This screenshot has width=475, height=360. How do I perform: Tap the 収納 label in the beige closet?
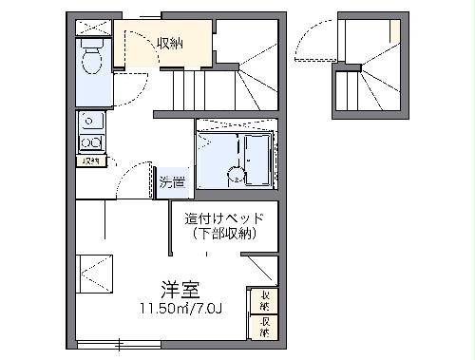coord(171,43)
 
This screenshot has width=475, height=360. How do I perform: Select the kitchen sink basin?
coord(92,122)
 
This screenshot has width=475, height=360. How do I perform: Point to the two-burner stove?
coord(92,142)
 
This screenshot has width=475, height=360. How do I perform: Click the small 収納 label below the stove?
coord(92,161)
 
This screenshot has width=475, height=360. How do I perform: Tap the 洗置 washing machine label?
coord(172,180)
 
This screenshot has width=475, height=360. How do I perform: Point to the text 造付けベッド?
coord(225,218)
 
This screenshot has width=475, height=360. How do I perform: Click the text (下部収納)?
coord(225,234)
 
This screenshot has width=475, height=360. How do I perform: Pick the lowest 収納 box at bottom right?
coord(264,326)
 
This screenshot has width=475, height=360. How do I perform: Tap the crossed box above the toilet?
coord(93,26)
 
